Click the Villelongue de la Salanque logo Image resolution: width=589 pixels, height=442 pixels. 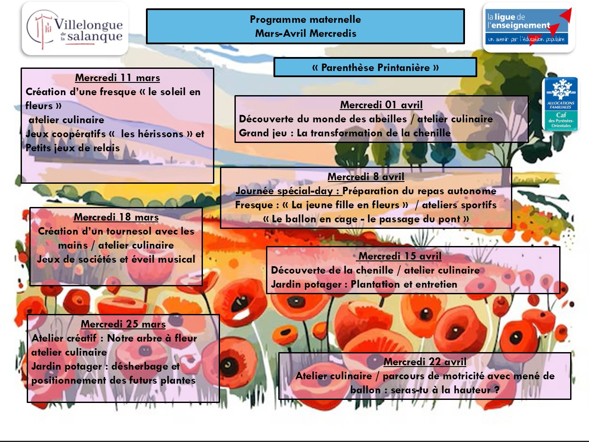[75, 29]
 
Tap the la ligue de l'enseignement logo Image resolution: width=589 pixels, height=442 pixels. [529, 27]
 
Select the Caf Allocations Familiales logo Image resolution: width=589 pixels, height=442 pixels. [561, 104]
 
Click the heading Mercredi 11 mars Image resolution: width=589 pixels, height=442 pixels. [117, 78]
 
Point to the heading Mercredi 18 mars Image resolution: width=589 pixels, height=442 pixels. [116, 217]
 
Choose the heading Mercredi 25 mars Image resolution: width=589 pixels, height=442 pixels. [123, 324]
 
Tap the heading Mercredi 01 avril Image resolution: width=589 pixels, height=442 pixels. [381, 105]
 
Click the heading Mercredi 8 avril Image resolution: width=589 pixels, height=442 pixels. [366, 177]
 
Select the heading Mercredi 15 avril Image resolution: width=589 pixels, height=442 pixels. [400, 256]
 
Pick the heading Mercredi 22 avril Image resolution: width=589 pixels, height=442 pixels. [425, 362]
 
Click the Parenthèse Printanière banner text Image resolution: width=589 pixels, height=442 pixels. [375, 68]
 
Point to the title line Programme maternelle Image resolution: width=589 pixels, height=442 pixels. [305, 19]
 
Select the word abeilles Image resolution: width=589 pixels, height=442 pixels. [388, 119]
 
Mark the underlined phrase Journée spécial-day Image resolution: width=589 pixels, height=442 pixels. [287, 191]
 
